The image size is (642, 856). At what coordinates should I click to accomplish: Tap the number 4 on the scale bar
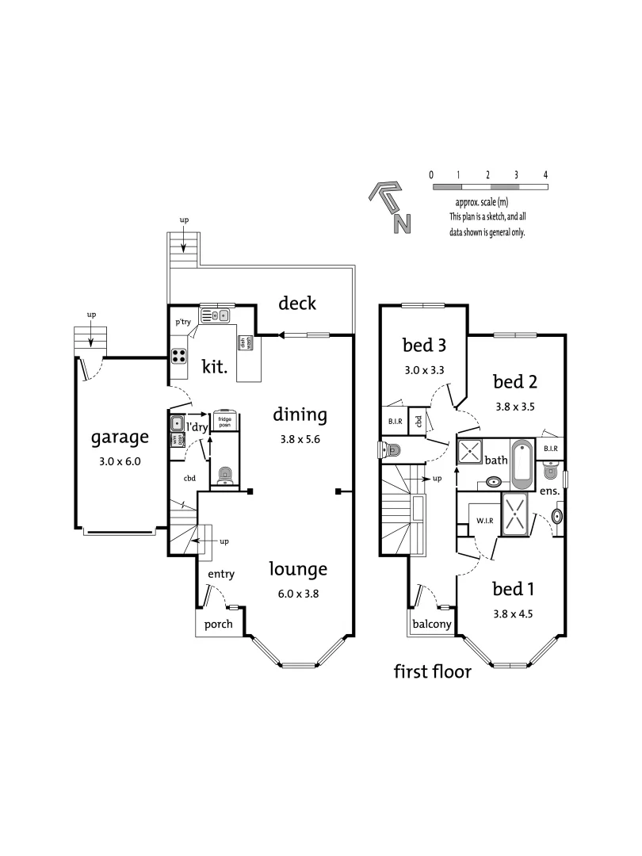point(545,174)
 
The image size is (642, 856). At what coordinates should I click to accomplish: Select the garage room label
point(120,437)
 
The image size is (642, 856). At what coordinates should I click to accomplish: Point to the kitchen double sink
point(215,315)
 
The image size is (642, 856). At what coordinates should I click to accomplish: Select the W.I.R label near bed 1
point(485,521)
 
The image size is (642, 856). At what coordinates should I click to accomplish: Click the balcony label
point(431,625)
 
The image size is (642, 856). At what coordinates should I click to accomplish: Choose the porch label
point(219,624)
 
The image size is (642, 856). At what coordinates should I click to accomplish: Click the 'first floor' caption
point(433,672)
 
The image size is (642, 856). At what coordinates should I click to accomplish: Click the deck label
point(297,303)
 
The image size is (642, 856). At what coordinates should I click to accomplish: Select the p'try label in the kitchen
point(183,322)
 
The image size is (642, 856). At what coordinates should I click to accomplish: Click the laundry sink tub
point(176,422)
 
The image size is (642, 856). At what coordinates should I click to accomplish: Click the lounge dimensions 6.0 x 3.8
point(297,592)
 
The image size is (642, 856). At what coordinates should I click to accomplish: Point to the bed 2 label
point(515,382)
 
